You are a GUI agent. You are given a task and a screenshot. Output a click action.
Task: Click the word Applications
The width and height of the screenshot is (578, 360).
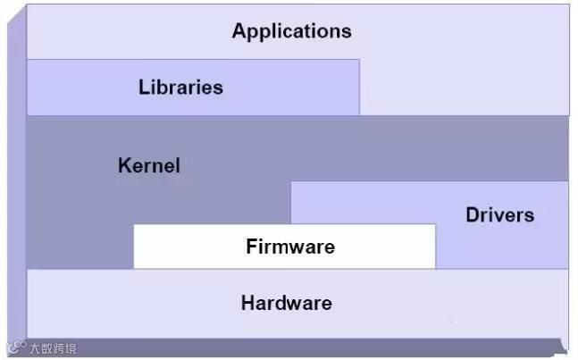[291, 31]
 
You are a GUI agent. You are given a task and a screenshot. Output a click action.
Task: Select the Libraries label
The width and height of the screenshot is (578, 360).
[180, 88]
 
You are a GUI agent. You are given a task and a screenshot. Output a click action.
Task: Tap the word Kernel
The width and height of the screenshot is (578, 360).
[148, 166]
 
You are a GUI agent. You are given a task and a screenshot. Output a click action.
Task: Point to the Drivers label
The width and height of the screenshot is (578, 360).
[499, 215]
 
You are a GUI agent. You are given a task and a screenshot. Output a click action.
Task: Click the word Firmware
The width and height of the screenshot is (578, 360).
[290, 247]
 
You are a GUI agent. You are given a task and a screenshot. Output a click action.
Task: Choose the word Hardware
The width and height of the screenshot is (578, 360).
[286, 303]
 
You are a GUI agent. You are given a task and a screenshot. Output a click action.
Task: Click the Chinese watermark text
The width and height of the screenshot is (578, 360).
[53, 348]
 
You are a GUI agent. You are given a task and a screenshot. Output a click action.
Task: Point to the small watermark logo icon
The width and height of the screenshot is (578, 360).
[16, 348]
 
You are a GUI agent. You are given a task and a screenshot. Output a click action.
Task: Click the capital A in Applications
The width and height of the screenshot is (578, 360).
[239, 31]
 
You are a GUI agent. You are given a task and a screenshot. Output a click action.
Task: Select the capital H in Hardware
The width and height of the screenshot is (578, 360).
[247, 303]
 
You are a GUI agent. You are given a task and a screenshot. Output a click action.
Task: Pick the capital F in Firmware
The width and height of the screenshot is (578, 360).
[251, 247]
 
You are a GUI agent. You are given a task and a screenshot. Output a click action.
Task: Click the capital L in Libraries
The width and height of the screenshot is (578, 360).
[143, 88]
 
